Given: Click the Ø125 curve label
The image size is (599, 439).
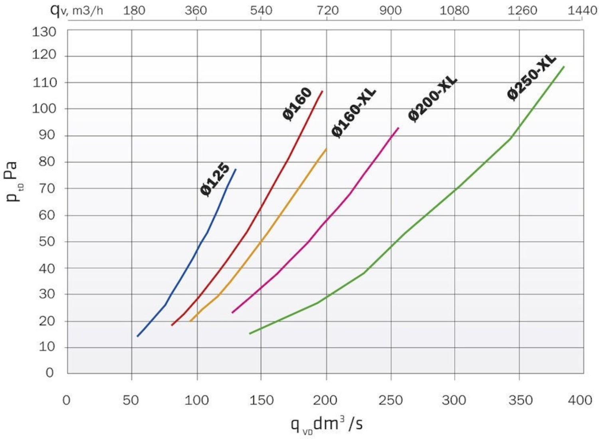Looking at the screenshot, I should click(215, 179).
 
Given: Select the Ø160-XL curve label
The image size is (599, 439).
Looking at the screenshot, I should click(354, 113).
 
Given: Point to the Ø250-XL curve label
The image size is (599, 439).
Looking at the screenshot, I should click(532, 77).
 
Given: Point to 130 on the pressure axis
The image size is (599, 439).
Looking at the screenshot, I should click(44, 32).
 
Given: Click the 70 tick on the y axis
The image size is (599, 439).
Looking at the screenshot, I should click(47, 188).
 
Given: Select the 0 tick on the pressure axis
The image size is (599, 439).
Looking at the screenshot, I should click(50, 373).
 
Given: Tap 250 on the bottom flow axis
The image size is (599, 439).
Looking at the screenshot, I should click(391, 400).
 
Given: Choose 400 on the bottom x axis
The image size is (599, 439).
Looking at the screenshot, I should click(580, 400).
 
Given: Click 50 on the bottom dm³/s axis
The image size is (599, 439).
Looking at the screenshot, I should click(131, 400).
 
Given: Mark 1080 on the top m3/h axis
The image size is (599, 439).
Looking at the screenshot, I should click(454, 10).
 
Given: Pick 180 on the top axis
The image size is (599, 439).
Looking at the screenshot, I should click(134, 10).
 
